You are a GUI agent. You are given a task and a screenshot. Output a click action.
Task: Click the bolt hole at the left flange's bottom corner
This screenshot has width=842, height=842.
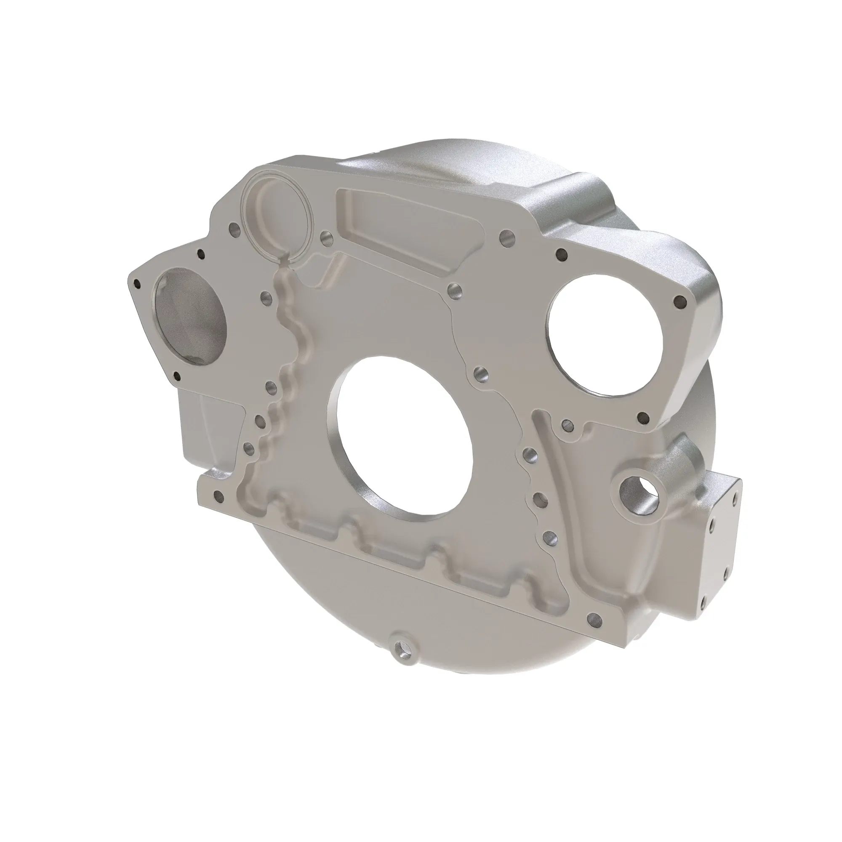tap(176, 376)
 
